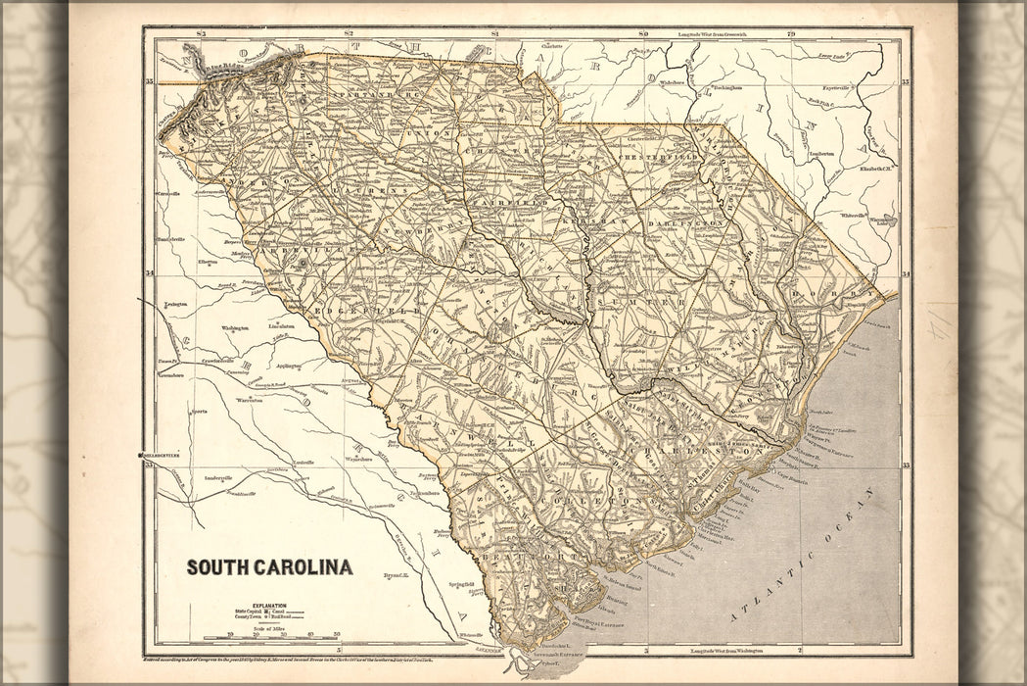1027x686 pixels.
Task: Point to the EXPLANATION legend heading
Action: coord(268,606)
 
